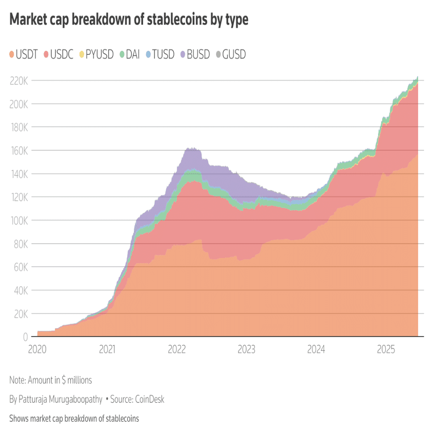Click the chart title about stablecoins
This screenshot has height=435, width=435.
(129, 20)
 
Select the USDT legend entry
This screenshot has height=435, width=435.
(24, 54)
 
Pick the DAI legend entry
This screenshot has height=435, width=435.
(130, 54)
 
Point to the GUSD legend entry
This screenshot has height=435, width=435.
(230, 54)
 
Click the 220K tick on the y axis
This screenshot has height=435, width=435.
(18, 81)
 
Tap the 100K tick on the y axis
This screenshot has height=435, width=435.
(18, 220)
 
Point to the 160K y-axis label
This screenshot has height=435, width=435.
(18, 150)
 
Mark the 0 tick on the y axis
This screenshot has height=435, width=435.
(25, 337)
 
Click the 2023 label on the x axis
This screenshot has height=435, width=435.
(246, 350)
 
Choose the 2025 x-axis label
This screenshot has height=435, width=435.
(386, 350)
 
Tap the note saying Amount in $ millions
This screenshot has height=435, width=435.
(50, 380)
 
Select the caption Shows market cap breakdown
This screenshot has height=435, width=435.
(74, 419)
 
